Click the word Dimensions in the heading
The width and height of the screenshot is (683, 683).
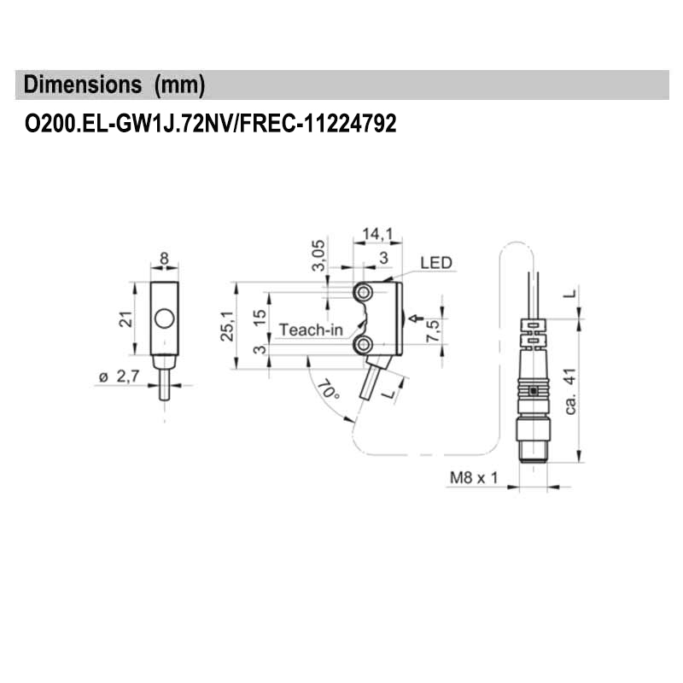(x=83, y=85)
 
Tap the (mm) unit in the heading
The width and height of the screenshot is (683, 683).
(x=178, y=85)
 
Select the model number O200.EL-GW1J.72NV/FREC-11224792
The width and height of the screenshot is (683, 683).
(x=211, y=125)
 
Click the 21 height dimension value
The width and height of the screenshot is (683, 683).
(x=126, y=319)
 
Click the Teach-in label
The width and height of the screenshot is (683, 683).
(x=311, y=330)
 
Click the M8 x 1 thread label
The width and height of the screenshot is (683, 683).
(x=473, y=477)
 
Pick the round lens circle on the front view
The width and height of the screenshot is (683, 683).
(x=165, y=321)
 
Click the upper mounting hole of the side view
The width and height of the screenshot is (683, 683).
(x=365, y=294)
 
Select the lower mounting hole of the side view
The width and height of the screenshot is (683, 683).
(x=365, y=344)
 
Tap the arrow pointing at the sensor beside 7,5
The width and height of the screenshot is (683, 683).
(x=416, y=319)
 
